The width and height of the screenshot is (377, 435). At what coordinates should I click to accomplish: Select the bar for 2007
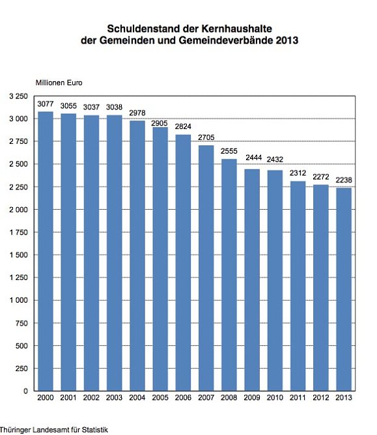[206, 268]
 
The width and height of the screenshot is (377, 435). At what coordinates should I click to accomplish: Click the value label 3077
[46, 104]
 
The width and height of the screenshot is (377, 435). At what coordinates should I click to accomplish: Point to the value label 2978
[137, 113]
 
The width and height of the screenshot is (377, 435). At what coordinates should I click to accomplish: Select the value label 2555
[229, 152]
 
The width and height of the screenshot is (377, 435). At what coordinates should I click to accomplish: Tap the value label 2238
[343, 180]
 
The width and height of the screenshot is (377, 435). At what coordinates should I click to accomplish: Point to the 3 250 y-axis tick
[18, 96]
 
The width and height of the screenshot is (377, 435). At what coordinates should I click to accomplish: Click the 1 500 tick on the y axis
[18, 255]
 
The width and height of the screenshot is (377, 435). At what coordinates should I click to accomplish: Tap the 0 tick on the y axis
[25, 391]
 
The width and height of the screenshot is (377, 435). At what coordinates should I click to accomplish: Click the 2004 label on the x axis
[137, 398]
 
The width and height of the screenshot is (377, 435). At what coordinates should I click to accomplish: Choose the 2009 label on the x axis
[252, 398]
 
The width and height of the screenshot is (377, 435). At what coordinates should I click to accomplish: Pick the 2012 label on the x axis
[320, 398]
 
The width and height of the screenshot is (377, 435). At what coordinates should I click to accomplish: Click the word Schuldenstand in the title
[139, 29]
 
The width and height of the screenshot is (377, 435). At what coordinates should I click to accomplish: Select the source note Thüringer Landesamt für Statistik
[53, 430]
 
